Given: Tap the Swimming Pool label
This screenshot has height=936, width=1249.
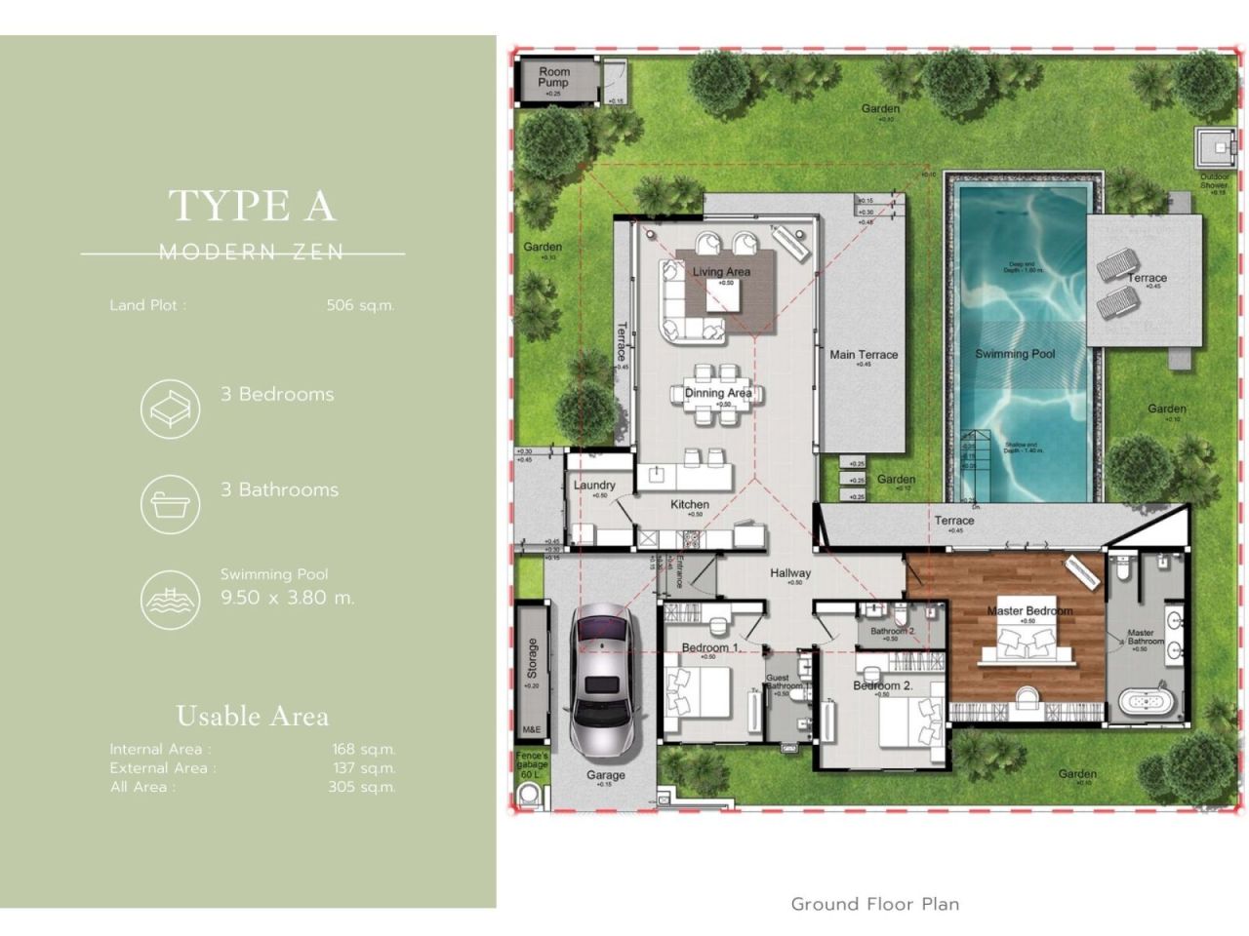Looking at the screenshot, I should point(1015,354).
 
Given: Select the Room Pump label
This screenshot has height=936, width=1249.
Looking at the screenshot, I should point(553,77).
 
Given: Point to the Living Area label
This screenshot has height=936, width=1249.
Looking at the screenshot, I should point(721,272).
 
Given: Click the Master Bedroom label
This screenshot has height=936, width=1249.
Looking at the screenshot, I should point(1028,611).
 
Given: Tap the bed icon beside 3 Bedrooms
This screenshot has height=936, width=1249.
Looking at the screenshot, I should point(170,409).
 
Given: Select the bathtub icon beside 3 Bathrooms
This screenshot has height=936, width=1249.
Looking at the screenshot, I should point(170,504).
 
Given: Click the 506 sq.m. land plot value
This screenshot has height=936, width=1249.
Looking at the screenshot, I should point(360,305).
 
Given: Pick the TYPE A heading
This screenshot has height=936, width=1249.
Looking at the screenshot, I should point(252,206).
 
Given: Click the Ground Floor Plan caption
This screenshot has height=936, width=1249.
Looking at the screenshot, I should point(874,904).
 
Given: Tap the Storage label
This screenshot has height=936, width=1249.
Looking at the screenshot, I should point(532,658).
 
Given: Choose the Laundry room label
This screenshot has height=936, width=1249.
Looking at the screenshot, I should point(593,485).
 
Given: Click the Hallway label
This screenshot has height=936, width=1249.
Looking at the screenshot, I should point(789,573).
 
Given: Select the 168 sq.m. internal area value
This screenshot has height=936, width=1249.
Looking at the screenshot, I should point(363,750).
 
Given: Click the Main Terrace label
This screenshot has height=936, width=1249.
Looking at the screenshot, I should point(864,355).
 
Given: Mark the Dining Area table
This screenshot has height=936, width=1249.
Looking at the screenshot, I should point(717,395).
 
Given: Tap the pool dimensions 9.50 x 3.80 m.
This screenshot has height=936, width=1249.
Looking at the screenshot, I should point(287,598).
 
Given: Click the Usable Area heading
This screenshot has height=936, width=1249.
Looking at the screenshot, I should point(252,717).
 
